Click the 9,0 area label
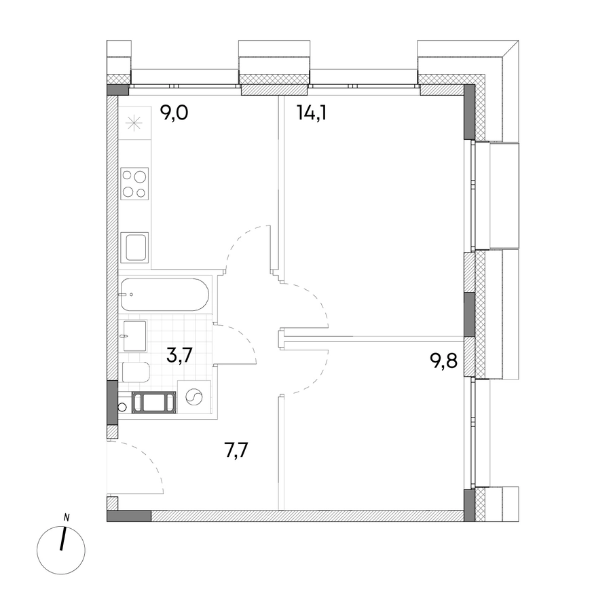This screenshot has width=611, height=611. [x=174, y=113]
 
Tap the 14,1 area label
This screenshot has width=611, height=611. [x=312, y=113]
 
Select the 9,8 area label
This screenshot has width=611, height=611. [x=443, y=361]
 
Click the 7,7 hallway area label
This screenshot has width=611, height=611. [x=236, y=450]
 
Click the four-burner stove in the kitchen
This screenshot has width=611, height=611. [x=134, y=184]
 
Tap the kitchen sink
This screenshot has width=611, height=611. [x=134, y=247]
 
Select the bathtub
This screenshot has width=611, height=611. [x=164, y=295]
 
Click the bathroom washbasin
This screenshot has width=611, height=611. [x=135, y=336]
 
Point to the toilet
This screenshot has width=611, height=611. [x=136, y=373]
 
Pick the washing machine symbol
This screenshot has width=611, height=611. [x=194, y=397]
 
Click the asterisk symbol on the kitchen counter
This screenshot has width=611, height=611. [x=133, y=124]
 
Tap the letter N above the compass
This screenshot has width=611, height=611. [x=67, y=518]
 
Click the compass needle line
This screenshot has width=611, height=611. [x=63, y=538]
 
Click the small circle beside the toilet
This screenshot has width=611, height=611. [x=122, y=407]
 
